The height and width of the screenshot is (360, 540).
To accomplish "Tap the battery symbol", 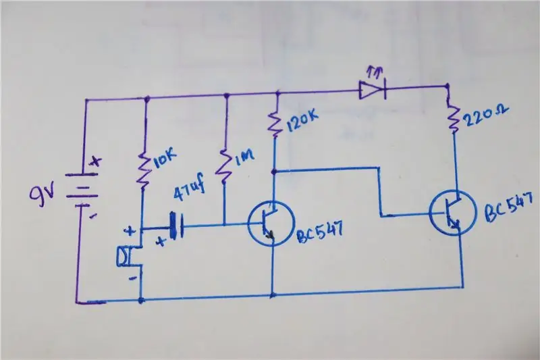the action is point(82,190).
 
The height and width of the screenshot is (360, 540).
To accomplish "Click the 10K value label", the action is point(165,159).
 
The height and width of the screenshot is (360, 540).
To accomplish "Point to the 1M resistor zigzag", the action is point(224,167).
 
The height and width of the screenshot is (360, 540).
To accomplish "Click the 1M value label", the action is point(245,157).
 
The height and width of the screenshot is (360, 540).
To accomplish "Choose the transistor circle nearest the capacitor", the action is point(272,224).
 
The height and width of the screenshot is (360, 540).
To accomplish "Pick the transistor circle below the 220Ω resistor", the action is point(452,213).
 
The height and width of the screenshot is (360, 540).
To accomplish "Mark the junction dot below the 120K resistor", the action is point(274,171).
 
